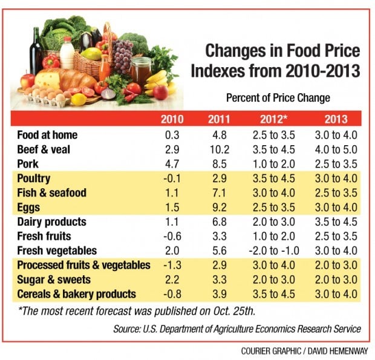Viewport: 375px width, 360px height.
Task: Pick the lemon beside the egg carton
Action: [x=78, y=99]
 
